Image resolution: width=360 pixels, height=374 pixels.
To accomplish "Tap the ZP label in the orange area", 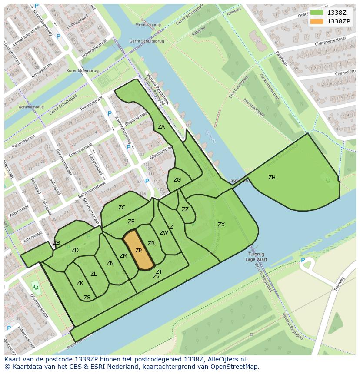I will point(138,251).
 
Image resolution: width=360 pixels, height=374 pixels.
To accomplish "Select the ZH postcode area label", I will point(272,178).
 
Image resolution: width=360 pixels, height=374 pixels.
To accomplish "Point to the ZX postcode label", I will point(221,225).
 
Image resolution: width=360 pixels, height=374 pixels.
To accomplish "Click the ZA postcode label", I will point(161,127).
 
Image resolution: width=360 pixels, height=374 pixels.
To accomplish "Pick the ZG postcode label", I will point(177,180).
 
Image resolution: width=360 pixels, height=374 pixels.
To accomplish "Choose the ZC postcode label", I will point(122,208).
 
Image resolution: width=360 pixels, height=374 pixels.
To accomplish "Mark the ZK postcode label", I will point(80,283).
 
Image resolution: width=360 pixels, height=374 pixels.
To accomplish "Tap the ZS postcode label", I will point(87,298).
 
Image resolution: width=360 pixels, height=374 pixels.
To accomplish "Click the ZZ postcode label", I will point(185,209).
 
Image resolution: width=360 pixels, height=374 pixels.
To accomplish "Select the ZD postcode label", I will point(75,250).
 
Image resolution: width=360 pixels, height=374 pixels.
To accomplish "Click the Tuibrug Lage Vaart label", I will point(256,257).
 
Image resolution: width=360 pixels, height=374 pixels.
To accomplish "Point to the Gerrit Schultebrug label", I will point(147,41).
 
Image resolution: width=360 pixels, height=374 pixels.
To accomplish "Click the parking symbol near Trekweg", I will point(303,260).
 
